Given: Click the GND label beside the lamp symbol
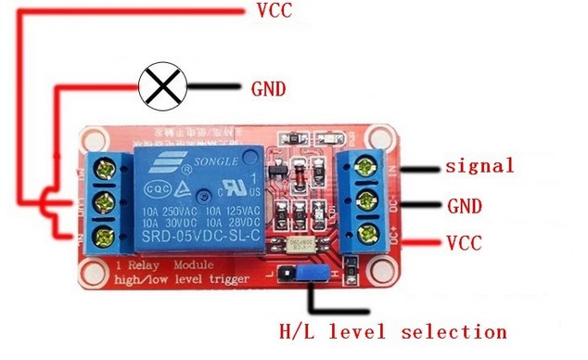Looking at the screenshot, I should [x=268, y=89].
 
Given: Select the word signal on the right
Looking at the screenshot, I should [x=479, y=167].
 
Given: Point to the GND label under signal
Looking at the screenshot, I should [x=465, y=205].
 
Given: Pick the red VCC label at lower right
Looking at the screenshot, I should [x=467, y=244].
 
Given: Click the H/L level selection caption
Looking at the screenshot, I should [x=393, y=331].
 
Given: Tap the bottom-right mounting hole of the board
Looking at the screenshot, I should [x=379, y=276].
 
